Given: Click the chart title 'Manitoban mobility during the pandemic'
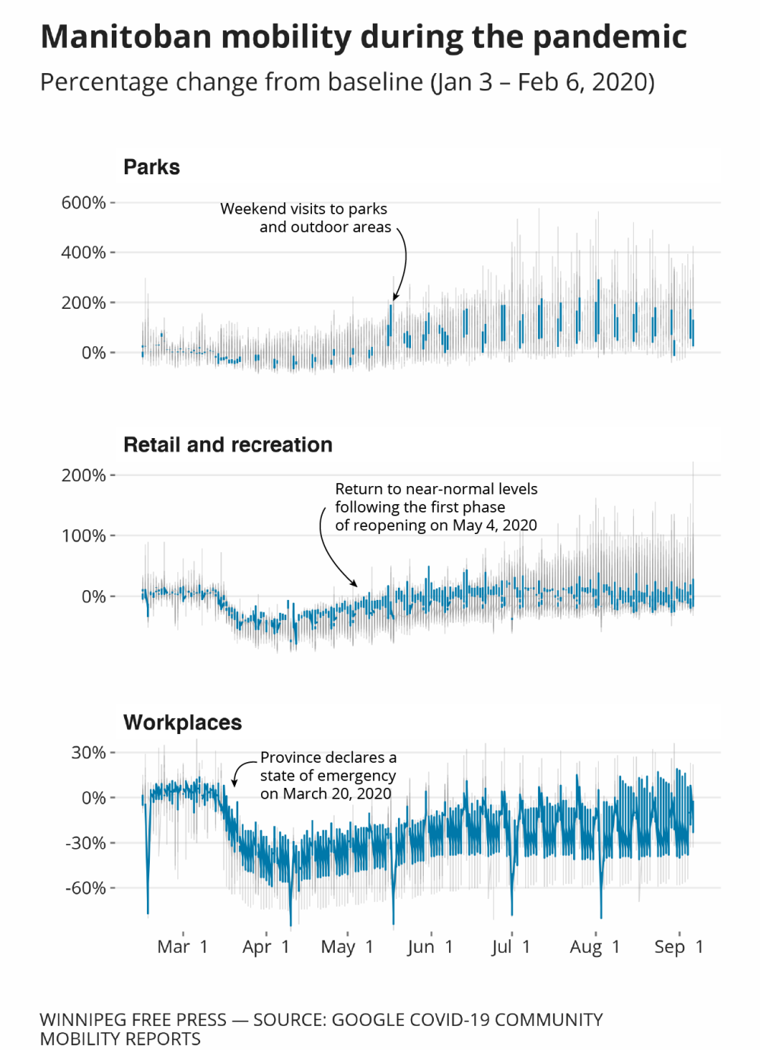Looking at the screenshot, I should [x=364, y=37].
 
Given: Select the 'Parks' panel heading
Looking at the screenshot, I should [x=151, y=167].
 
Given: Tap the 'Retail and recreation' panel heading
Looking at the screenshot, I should [x=228, y=445].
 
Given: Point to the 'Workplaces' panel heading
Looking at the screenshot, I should [x=183, y=723].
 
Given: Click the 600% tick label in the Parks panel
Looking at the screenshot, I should [x=84, y=203].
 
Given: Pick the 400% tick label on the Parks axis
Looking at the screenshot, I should [x=84, y=253].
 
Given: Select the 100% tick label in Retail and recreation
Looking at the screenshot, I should [x=84, y=536].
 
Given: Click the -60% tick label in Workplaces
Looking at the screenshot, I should [x=85, y=888].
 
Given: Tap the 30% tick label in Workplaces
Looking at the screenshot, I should [x=88, y=753].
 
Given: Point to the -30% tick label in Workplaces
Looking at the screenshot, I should [x=85, y=843].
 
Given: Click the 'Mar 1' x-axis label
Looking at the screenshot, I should [x=183, y=947].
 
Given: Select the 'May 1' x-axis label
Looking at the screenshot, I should [x=347, y=947].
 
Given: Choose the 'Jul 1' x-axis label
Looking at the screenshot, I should [x=511, y=947].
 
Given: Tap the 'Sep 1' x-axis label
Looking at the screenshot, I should [x=679, y=947].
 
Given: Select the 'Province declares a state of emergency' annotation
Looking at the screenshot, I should [x=328, y=776].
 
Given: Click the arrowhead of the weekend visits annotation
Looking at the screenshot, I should [x=395, y=298].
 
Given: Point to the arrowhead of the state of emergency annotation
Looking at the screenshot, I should [x=234, y=783].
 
